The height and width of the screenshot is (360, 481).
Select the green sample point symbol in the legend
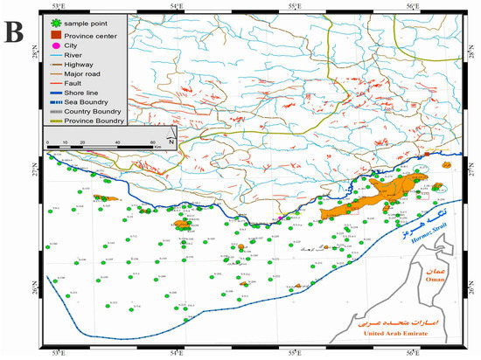55,21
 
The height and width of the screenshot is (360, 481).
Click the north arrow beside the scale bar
172,137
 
